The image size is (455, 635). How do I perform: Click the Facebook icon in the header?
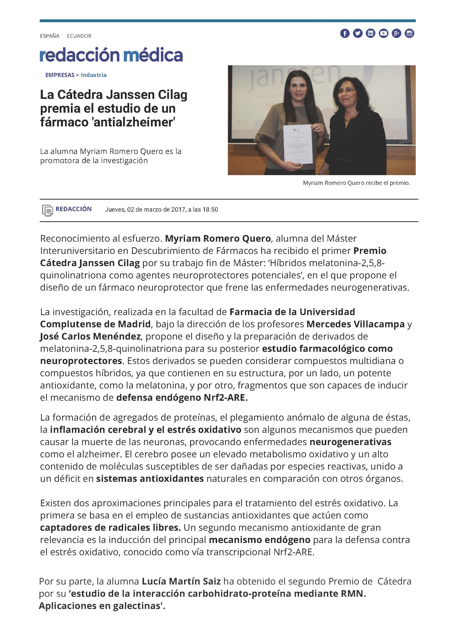pyautogui.click(x=345, y=34)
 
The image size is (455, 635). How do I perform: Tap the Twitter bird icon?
pyautogui.click(x=358, y=34)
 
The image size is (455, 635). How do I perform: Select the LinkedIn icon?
pyautogui.click(x=370, y=34)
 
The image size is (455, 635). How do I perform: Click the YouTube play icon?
pyautogui.click(x=383, y=34)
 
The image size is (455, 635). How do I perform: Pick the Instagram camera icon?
pyautogui.click(x=409, y=34)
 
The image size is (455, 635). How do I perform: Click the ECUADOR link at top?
pyautogui.click(x=79, y=36)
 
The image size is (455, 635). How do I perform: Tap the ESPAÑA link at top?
pyautogui.click(x=49, y=36)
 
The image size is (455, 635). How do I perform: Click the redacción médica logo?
pyautogui.click(x=111, y=55)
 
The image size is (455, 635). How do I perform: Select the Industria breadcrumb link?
pyautogui.click(x=94, y=75)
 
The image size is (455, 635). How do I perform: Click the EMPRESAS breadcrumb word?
pyautogui.click(x=60, y=75)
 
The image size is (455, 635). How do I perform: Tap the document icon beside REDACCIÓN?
pyautogui.click(x=47, y=210)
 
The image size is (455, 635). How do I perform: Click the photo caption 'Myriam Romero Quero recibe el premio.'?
pyautogui.click(x=356, y=183)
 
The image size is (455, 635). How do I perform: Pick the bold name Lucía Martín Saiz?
pyautogui.click(x=181, y=581)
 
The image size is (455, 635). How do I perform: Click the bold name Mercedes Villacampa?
pyautogui.click(x=356, y=324)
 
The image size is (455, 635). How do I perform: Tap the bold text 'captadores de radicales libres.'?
pyautogui.click(x=110, y=527)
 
